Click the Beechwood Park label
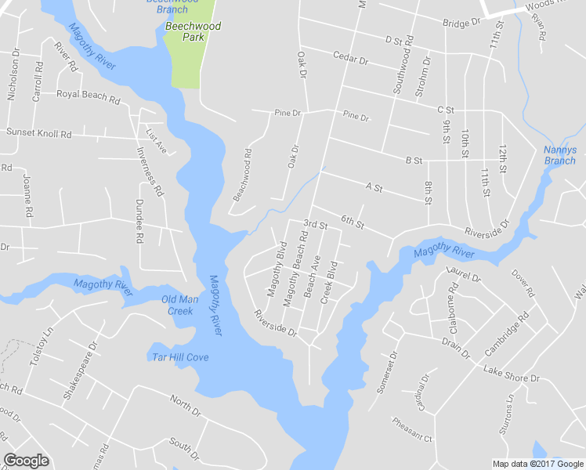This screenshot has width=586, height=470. [193, 31]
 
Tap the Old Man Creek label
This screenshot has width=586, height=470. [177, 305]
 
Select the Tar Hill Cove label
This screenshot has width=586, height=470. [180, 357]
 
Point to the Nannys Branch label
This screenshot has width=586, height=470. [559, 155]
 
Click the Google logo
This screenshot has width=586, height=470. [26, 461]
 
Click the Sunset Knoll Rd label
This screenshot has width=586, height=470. [38, 132]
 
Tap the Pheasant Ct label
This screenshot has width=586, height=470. [413, 435]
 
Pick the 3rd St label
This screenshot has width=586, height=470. [315, 225]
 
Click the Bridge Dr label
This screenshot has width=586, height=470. [461, 23]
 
